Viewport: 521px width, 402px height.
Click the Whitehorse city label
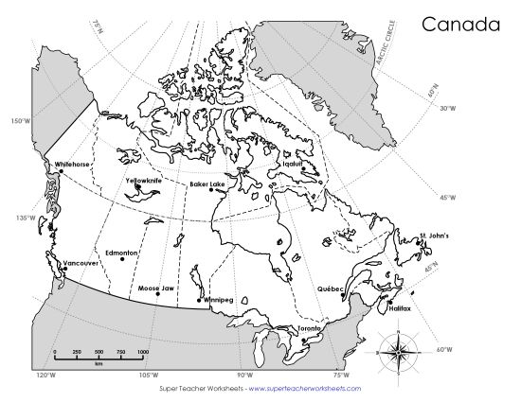[x=73, y=164]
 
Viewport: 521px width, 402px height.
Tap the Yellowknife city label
[x=144, y=180]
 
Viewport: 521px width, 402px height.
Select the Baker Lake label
[x=207, y=184]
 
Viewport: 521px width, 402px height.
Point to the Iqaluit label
[x=292, y=163]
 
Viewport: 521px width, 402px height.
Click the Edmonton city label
[x=122, y=253]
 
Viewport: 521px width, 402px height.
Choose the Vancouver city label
[x=81, y=262]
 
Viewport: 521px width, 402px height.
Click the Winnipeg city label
[x=218, y=299]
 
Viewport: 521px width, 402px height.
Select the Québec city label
[x=331, y=288]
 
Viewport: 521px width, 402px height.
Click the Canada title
[x=459, y=23]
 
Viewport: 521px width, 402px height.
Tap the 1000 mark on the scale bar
[x=143, y=351]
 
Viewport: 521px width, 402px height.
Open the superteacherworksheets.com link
[x=305, y=388]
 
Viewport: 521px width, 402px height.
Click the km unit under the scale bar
[x=99, y=362]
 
